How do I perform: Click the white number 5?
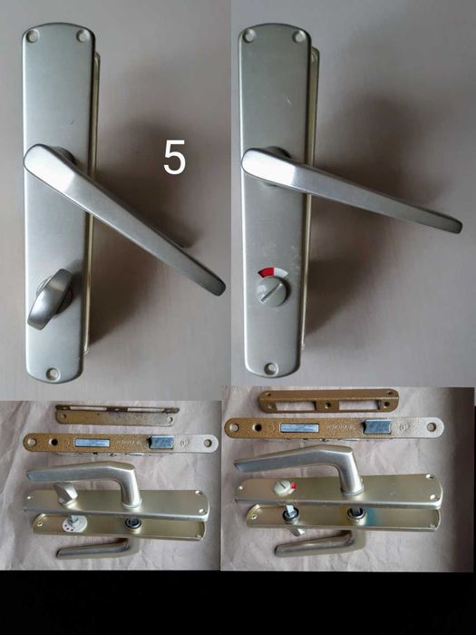coord(174,157)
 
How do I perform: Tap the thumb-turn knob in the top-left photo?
coord(51,298)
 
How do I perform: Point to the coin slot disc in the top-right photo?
coord(271,291)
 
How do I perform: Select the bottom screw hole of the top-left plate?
coord(53,373)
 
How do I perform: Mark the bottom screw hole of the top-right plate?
coord(271,368)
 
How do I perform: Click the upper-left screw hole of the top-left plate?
coord(32,36)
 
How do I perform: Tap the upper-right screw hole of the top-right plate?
coord(299,37)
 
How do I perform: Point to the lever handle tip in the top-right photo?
coord(457,226)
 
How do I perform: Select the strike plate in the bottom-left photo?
coord(117,415)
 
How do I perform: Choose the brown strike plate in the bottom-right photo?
coord(328,401)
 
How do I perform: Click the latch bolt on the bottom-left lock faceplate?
coord(162,443)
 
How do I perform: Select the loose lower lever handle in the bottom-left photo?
coord(94,548)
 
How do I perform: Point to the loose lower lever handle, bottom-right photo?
coord(320,543)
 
